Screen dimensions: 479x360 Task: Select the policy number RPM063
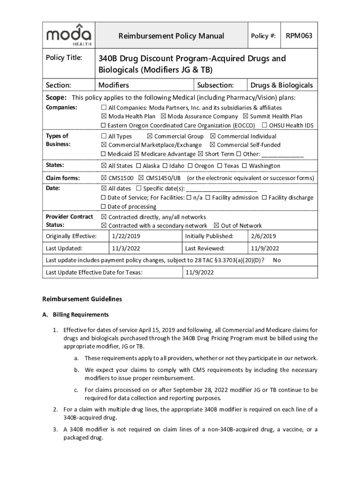299,36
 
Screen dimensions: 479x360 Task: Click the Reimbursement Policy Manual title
171,36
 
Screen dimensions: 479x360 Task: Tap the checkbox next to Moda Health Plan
104,116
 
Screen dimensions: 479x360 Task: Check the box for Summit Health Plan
245,116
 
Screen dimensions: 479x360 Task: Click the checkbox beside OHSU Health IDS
265,125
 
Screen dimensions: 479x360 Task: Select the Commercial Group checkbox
150,136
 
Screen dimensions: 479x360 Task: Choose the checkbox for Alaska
138,166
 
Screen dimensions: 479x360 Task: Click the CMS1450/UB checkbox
141,178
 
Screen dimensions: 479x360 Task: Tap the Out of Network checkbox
216,225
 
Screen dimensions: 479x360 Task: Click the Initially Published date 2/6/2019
263,236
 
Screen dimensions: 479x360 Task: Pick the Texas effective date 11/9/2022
200,272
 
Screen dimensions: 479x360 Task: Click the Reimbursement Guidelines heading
82,298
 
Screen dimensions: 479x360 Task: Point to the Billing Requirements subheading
80,314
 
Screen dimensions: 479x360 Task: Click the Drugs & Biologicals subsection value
281,85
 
